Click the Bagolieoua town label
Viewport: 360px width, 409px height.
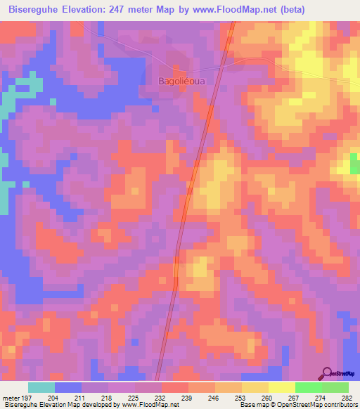click(183, 81)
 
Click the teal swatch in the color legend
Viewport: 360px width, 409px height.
click(41, 387)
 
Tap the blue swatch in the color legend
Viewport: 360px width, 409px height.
click(67, 387)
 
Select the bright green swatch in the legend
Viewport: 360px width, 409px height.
click(308, 387)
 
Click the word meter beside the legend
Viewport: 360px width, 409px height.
click(11, 397)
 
